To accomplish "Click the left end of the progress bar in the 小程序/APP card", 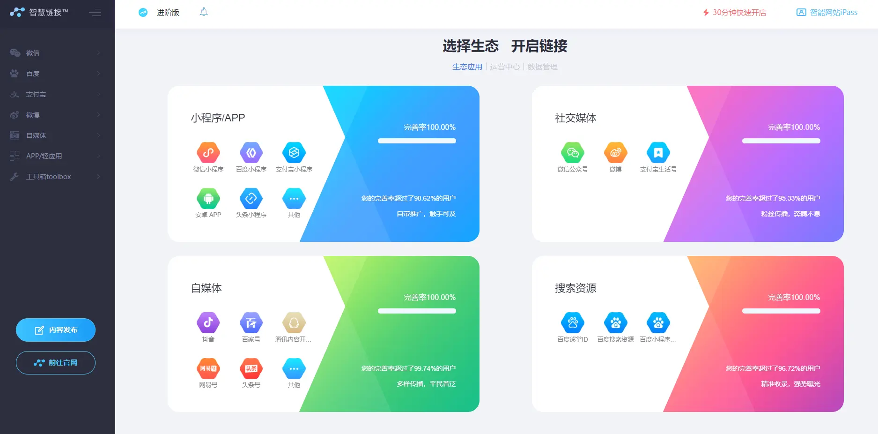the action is tap(379, 141).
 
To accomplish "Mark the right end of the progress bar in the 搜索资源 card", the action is tap(819, 311).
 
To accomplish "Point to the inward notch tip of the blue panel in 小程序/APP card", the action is tap(345, 137).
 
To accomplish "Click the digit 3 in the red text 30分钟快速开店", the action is tap(715, 13).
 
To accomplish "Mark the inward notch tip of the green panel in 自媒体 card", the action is tap(345, 307).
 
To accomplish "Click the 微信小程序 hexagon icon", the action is tap(208, 152).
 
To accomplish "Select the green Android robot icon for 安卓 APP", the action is tap(208, 198).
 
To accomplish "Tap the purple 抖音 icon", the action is tap(208, 322).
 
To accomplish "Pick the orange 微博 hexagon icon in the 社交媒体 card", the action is tap(615, 152).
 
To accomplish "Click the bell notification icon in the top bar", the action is tap(204, 12).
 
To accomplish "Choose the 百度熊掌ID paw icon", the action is tap(573, 322).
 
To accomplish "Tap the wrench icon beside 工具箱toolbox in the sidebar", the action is tap(15, 177).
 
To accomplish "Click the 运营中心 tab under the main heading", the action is tap(505, 67).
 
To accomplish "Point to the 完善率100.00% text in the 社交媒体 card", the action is tap(794, 127).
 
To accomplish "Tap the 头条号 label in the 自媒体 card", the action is tap(251, 385).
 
